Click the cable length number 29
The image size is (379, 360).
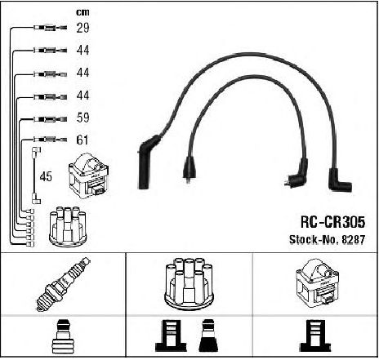82,28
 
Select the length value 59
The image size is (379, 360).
82,118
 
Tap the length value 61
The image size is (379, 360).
82,140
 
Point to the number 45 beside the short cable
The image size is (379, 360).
46,176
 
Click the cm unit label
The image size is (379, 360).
82,12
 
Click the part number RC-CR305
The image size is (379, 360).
332,222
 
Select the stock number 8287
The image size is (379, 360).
353,239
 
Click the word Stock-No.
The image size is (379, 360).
314,239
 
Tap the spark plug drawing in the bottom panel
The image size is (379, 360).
63,284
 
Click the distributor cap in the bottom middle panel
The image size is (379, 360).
189,283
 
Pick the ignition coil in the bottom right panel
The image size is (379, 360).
317,283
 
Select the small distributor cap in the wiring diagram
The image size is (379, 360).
68,227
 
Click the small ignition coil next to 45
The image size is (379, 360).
89,176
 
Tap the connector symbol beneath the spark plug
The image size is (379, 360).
63,336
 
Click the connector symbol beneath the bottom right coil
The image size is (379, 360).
315,336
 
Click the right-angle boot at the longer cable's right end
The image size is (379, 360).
339,180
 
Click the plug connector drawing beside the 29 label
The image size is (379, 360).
51,28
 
